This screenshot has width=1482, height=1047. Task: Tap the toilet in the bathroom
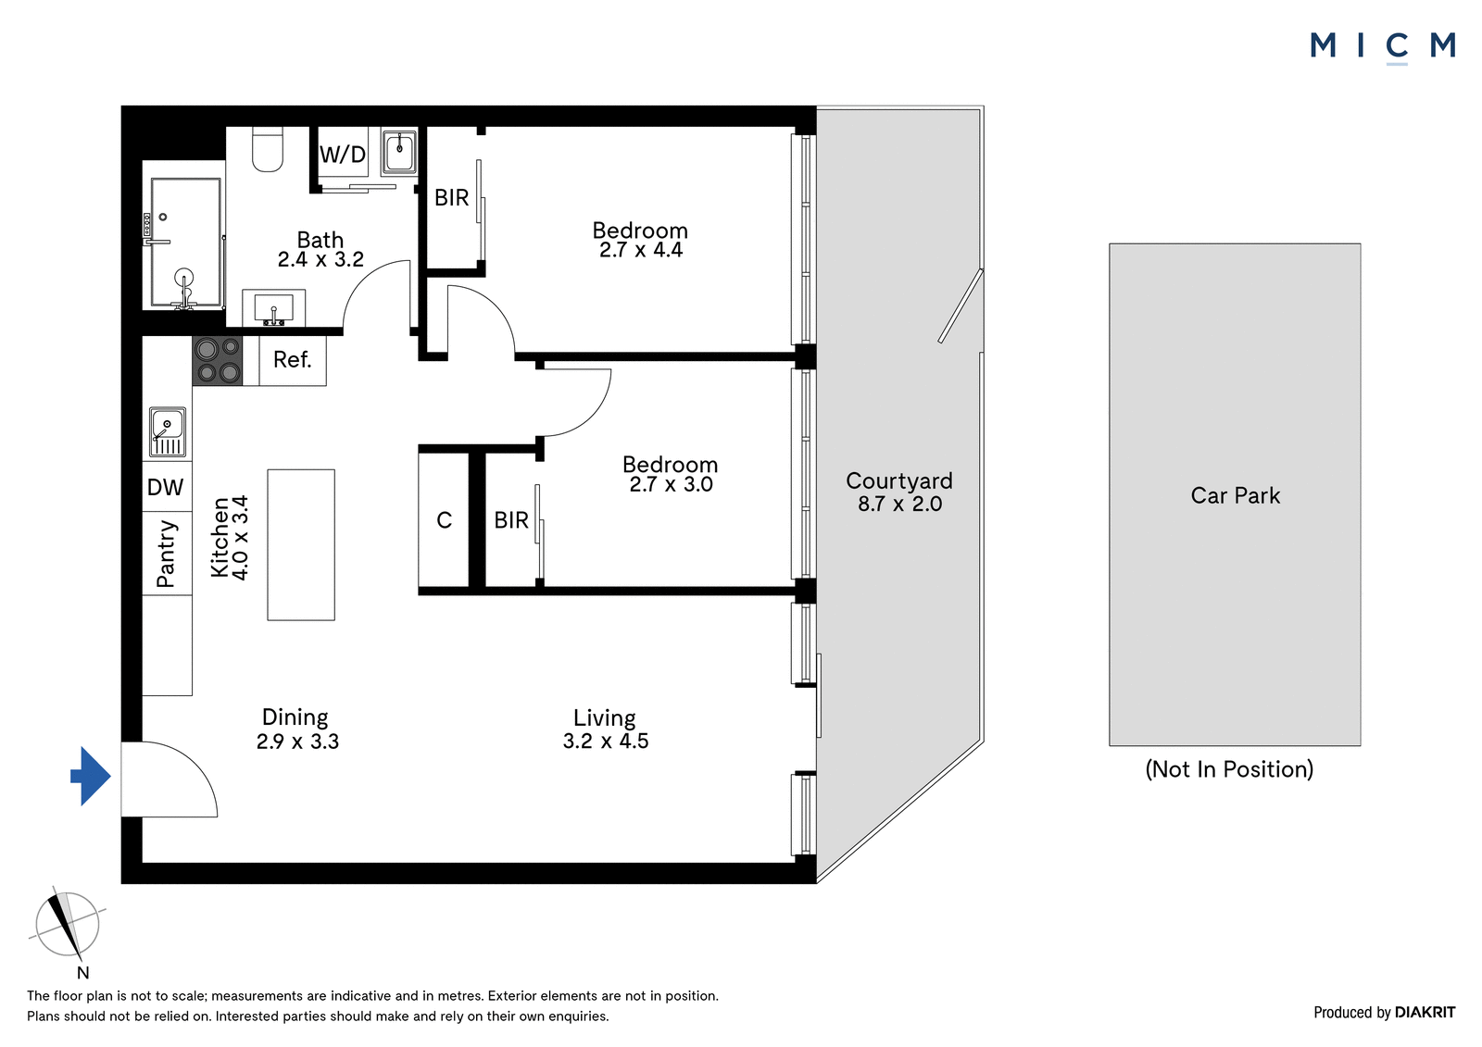pos(268,149)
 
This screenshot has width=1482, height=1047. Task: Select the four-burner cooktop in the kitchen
pos(217,360)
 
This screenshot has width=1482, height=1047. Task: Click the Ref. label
pos(292,360)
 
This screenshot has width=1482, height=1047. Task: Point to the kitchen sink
pos(168,432)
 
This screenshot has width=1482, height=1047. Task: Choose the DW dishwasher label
pos(165,488)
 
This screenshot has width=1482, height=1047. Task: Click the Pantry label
pos(166,555)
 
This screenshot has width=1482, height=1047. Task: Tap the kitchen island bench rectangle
pos(301,545)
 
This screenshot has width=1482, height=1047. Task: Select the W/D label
pos(343,155)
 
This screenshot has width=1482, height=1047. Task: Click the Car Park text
pos(1236,495)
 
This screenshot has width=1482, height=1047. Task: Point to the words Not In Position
pos(1229,769)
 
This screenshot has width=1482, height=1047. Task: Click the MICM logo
pos(1383,46)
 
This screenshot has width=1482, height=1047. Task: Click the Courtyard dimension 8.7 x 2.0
pos(899,504)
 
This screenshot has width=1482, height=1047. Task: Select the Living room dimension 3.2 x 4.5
pos(606,741)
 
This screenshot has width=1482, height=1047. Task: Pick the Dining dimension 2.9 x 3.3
pos(297,742)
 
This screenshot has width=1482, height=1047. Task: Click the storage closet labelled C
pos(444,520)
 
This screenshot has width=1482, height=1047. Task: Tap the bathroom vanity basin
pos(274,307)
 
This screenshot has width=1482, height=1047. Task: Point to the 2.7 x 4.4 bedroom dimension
pos(640,250)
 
